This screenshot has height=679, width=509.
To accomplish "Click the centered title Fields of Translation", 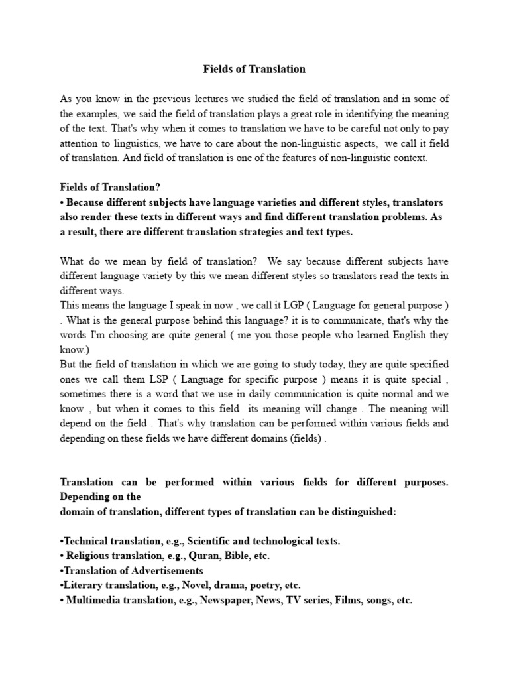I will [254, 68].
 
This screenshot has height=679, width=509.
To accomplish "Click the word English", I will [388, 336].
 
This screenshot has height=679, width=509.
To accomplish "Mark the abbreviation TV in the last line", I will [292, 601].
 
